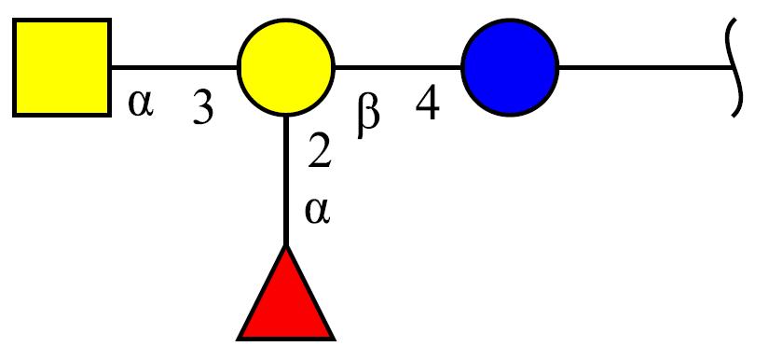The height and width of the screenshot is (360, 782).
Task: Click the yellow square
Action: click(62, 67)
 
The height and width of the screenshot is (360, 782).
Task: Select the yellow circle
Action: click(286, 67)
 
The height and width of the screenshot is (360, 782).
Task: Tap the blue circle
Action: click(510, 67)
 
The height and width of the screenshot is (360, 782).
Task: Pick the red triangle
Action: click(286, 293)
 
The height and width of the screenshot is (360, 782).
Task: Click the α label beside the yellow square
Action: click(141, 104)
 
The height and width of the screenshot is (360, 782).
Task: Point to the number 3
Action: click(203, 108)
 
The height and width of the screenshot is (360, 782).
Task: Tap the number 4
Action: click(428, 104)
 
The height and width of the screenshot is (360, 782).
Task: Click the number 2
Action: click(319, 151)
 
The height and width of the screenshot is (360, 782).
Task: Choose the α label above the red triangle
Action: click(317, 211)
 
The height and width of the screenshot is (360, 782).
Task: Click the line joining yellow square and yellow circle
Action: click(174, 67)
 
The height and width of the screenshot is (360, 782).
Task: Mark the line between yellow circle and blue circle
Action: click(398, 67)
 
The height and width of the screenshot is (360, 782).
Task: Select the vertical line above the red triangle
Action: click(286, 181)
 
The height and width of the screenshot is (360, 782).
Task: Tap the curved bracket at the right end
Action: click(738, 67)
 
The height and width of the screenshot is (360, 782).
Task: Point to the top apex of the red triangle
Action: click(286, 245)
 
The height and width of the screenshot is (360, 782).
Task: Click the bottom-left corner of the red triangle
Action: click(238, 340)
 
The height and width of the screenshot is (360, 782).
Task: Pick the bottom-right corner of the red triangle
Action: click(335, 340)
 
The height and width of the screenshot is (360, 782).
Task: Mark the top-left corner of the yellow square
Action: click(13, 19)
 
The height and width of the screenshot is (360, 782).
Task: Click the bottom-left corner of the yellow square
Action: click(13, 117)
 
